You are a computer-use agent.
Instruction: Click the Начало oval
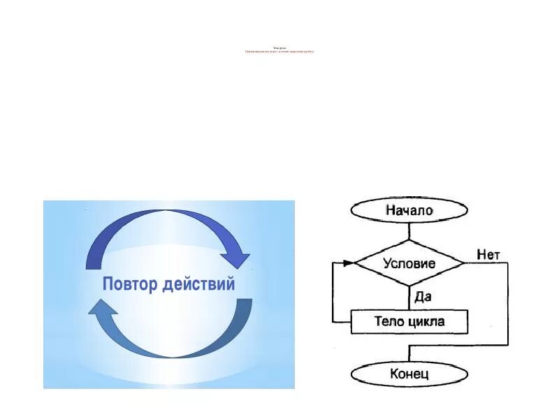click(x=409, y=209)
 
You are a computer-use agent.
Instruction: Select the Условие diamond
click(x=409, y=263)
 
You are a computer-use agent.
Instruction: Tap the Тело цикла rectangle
click(x=409, y=322)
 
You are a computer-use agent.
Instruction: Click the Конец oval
click(x=409, y=374)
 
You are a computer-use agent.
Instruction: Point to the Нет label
click(x=488, y=255)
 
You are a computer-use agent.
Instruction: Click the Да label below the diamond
click(x=423, y=296)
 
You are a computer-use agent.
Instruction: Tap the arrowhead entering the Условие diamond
click(x=349, y=263)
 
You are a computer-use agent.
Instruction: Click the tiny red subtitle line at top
click(x=279, y=52)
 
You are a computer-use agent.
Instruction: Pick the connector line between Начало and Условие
click(x=409, y=230)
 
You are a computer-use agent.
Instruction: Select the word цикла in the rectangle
click(x=427, y=322)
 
